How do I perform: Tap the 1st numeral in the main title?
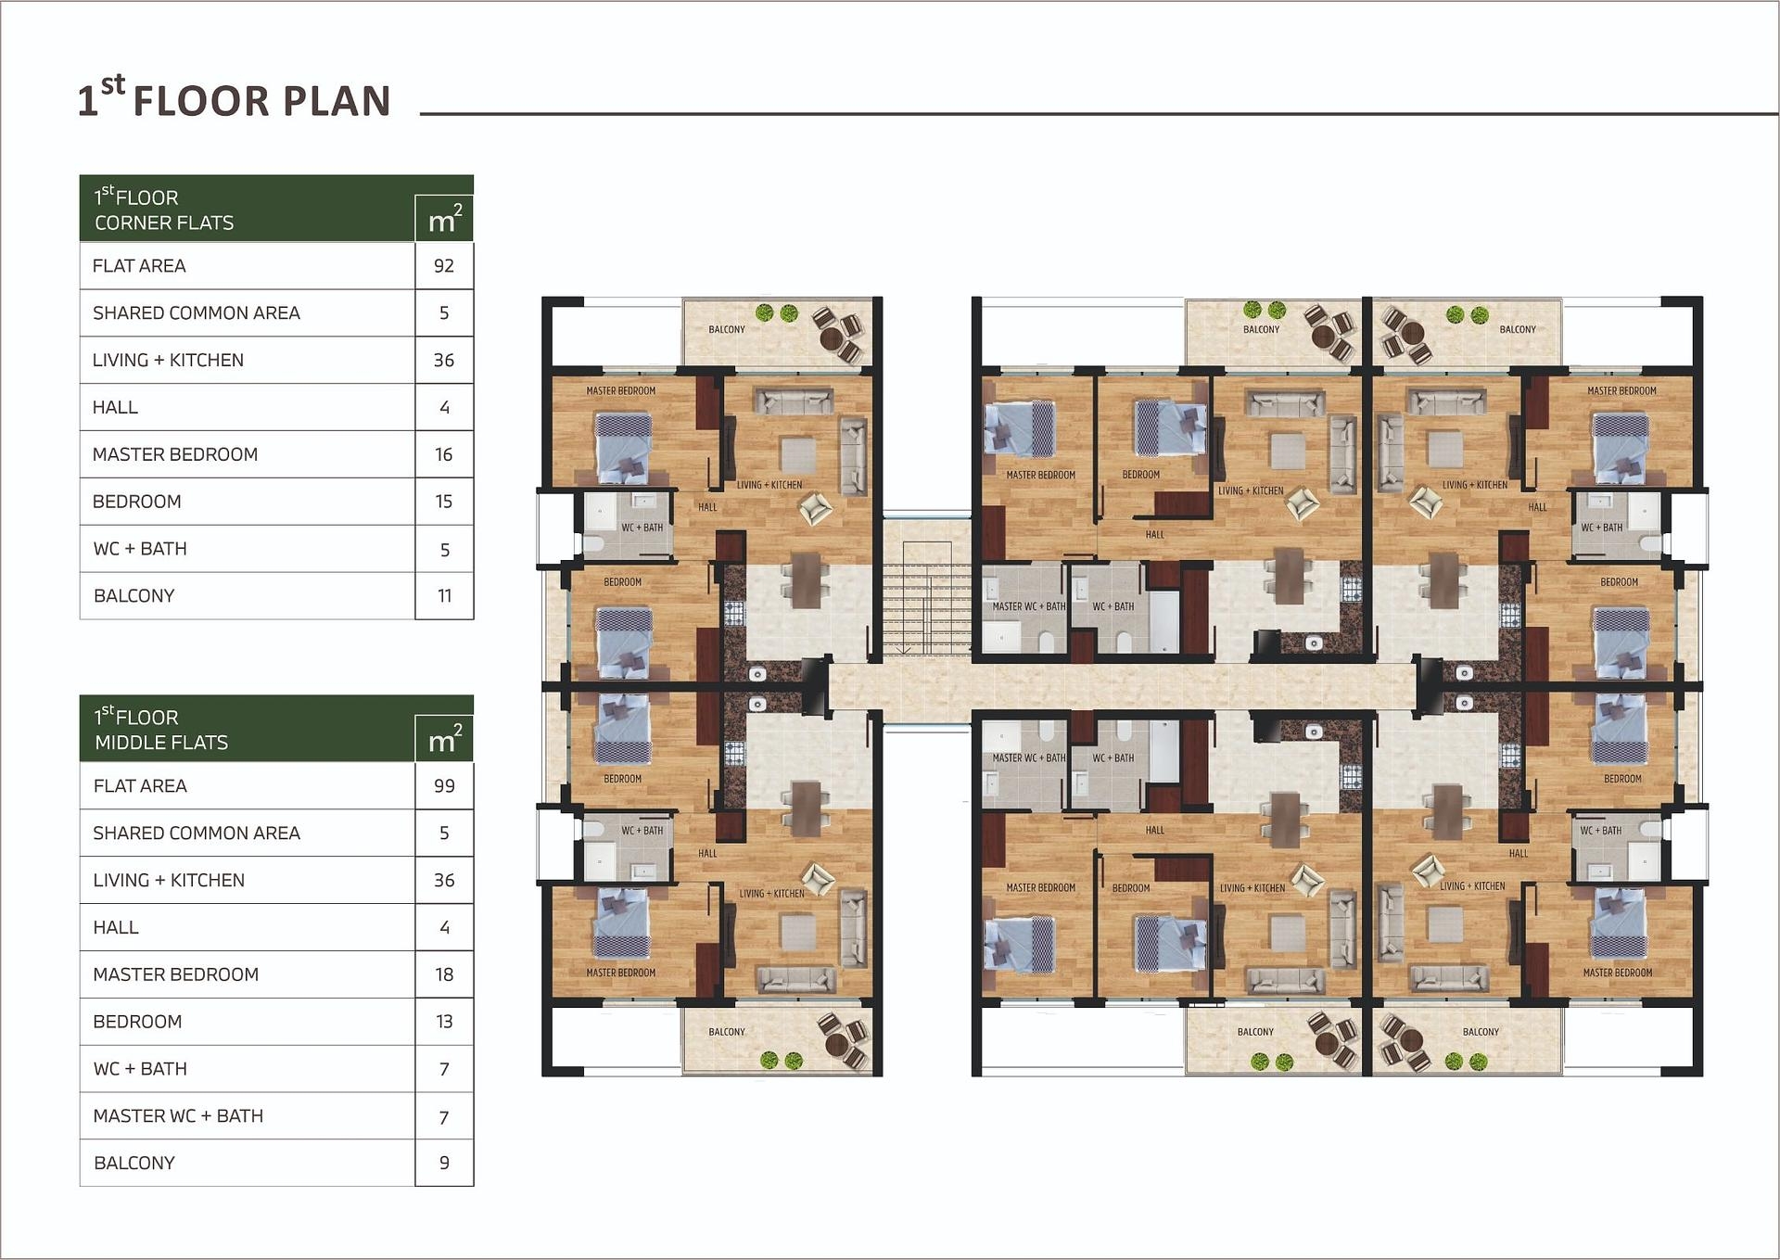(x=87, y=101)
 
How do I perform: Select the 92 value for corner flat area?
(x=444, y=266)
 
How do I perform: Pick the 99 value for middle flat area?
(x=444, y=786)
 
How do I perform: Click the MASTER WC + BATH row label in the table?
(x=178, y=1116)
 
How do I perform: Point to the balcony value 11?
(x=444, y=596)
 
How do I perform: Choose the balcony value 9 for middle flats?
(x=444, y=1163)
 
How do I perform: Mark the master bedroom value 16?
(x=444, y=454)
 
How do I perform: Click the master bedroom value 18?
(x=444, y=974)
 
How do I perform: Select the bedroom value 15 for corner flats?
(x=444, y=502)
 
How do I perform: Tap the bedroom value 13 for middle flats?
(x=444, y=1022)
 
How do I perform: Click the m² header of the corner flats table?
(x=444, y=219)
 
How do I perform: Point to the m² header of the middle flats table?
(x=444, y=739)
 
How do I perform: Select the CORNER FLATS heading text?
(x=164, y=223)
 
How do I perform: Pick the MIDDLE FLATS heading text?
(x=161, y=743)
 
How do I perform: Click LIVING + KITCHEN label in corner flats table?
(x=168, y=361)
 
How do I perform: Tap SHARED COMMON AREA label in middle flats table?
(x=197, y=834)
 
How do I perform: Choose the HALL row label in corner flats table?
(x=115, y=407)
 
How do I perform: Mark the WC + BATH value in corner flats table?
(x=444, y=550)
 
